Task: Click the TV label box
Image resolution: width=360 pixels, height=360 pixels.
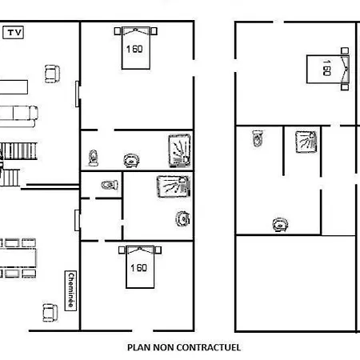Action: [x=13, y=33]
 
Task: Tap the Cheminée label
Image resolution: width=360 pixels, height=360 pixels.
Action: [x=70, y=290]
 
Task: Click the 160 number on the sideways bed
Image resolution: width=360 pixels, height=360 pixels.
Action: [x=326, y=68]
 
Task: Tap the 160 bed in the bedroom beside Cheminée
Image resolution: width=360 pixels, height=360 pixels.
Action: [x=140, y=266]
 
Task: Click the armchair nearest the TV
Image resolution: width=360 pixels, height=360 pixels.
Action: [x=52, y=74]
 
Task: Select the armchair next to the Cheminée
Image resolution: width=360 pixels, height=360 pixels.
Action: [x=50, y=313]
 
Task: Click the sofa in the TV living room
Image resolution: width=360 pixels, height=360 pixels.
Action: [x=18, y=116]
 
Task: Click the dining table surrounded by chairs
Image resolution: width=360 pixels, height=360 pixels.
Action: [x=18, y=258]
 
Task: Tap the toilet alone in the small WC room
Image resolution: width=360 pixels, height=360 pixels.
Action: [x=110, y=185]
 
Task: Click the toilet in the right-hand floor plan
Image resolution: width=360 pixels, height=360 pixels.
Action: [x=258, y=138]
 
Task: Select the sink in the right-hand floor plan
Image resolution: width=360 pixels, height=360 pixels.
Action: [x=280, y=224]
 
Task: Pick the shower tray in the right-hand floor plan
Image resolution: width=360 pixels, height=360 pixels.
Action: [x=306, y=142]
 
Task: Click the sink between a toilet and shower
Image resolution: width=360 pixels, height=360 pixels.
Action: [x=131, y=161]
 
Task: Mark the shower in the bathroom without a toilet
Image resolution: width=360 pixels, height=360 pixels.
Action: [x=174, y=186]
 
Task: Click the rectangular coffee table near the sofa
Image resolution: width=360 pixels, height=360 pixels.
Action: [x=14, y=87]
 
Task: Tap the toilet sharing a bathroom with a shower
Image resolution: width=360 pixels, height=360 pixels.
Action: [x=93, y=158]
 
